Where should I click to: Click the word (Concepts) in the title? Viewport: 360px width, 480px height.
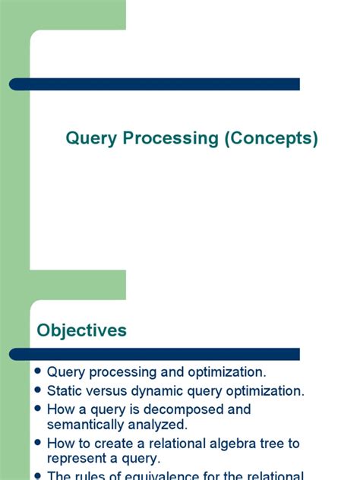[x=270, y=139]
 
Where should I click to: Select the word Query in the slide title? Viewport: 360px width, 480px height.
[x=90, y=139]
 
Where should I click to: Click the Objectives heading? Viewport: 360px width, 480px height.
[x=82, y=330]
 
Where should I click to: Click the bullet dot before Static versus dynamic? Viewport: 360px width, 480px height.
[x=38, y=391]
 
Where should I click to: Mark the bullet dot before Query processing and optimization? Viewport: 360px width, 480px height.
[x=38, y=372]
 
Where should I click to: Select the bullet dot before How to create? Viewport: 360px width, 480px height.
[x=38, y=443]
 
